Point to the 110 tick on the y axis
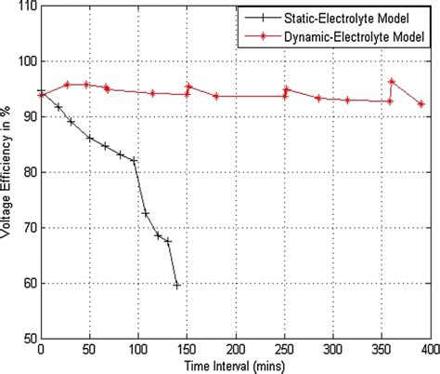point(24,7)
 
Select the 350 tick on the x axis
point(381,350)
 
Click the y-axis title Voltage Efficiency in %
point(7,172)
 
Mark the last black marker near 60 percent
point(176,285)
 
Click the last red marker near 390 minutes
point(421,104)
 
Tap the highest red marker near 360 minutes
point(392,82)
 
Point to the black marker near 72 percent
point(146,214)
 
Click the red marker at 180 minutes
point(215,96)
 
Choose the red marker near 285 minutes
point(318,98)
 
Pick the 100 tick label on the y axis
point(24,61)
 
